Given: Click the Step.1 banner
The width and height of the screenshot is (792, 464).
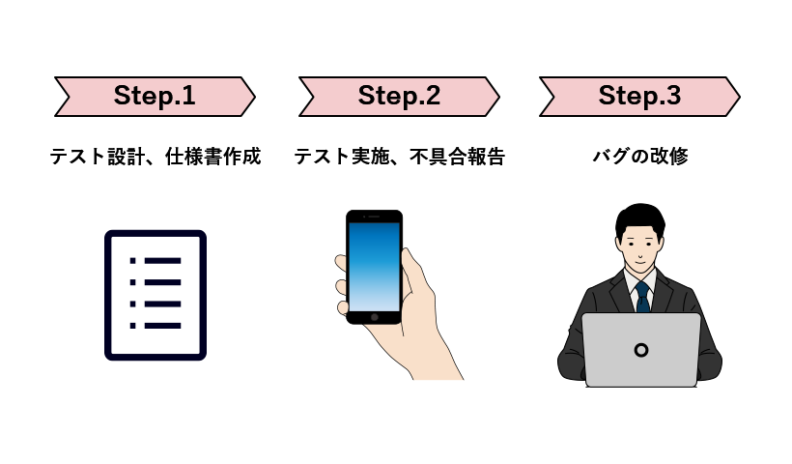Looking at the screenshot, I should click(x=155, y=97).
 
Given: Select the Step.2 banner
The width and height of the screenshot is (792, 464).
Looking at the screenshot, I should click(x=399, y=97).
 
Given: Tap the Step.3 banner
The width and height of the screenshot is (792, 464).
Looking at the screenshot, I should click(x=639, y=97).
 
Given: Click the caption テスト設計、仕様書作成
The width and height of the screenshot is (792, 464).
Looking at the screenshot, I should click(x=155, y=156).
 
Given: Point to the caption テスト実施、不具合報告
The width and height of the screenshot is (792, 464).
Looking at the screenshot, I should click(x=399, y=156).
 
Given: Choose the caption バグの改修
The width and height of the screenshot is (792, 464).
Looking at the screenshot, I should click(x=639, y=156).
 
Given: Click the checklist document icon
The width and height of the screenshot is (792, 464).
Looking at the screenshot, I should click(x=156, y=295).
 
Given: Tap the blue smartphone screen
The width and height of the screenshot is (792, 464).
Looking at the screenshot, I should click(x=374, y=266).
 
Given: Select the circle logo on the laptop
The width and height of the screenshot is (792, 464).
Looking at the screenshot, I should click(x=640, y=349).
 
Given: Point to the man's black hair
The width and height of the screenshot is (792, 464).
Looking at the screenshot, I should click(x=640, y=216).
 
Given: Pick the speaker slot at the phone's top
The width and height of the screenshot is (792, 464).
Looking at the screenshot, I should click(x=374, y=217).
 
